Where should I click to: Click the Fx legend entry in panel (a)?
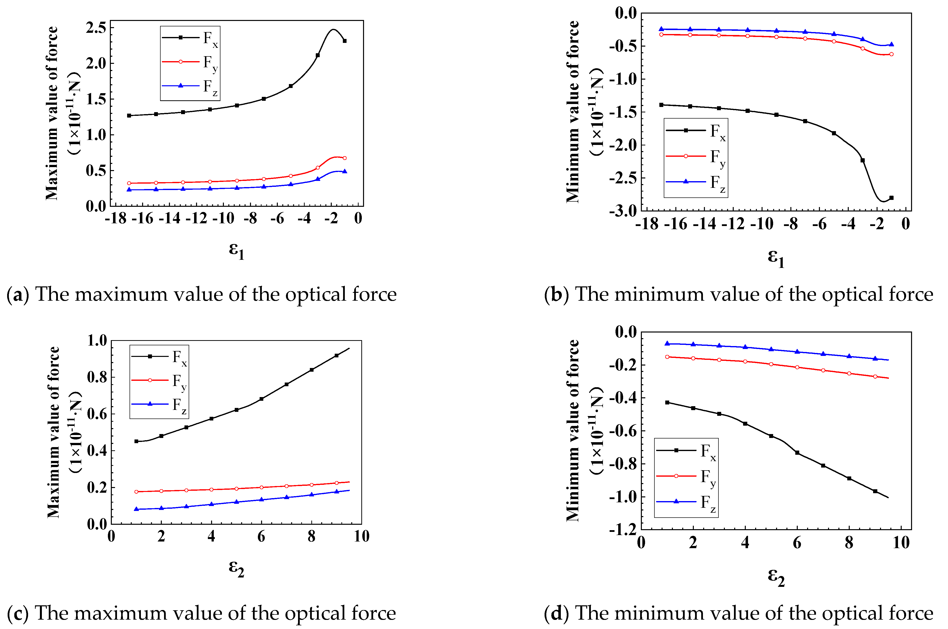190,38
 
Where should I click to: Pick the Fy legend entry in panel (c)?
160,380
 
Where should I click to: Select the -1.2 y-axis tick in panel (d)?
622,529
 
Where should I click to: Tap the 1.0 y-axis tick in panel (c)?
97,341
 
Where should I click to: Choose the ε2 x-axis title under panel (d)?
776,578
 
